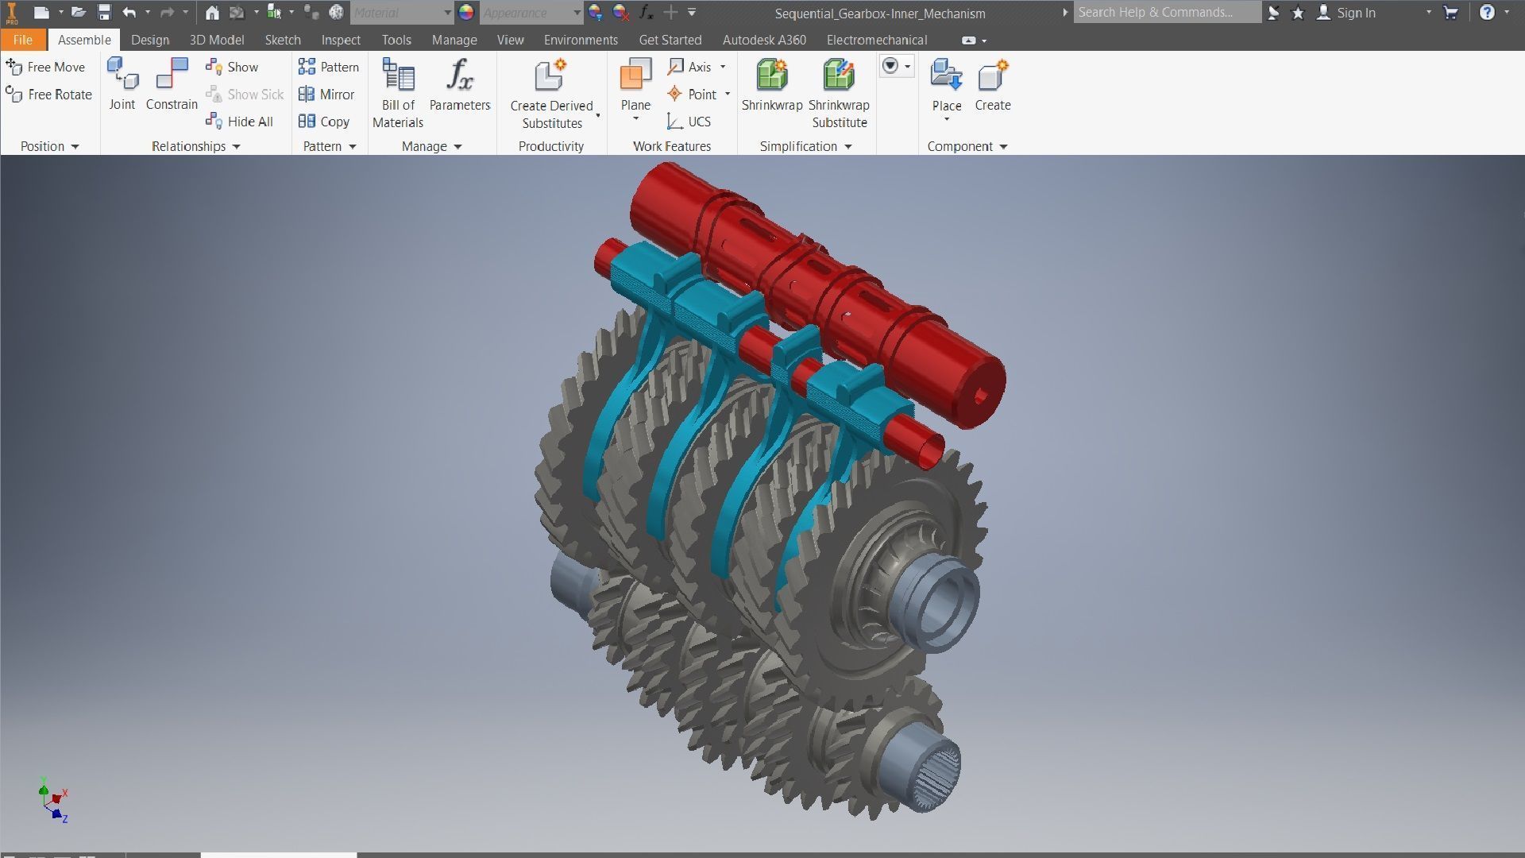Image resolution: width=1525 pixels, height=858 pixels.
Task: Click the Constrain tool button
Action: click(172, 84)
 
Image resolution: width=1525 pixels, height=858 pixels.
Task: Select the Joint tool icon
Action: click(122, 84)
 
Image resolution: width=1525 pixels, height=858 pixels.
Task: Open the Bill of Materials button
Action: click(398, 92)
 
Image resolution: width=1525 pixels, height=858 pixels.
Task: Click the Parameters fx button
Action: click(460, 84)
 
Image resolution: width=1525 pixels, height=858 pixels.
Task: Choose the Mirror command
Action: click(326, 95)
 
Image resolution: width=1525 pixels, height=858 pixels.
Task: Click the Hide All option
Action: click(240, 122)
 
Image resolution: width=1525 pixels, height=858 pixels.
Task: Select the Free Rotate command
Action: click(49, 95)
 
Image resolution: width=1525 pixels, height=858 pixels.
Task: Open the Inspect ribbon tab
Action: click(340, 40)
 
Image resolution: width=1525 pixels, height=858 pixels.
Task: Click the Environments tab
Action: click(580, 40)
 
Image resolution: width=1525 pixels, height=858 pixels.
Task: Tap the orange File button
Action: click(22, 40)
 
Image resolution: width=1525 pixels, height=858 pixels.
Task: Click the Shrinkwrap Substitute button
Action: click(839, 92)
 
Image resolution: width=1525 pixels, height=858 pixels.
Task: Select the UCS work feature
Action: click(689, 122)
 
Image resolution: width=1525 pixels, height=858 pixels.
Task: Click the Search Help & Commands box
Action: click(1166, 13)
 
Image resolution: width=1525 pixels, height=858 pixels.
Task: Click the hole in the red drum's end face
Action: click(980, 395)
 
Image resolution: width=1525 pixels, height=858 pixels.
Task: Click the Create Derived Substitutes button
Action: click(551, 92)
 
